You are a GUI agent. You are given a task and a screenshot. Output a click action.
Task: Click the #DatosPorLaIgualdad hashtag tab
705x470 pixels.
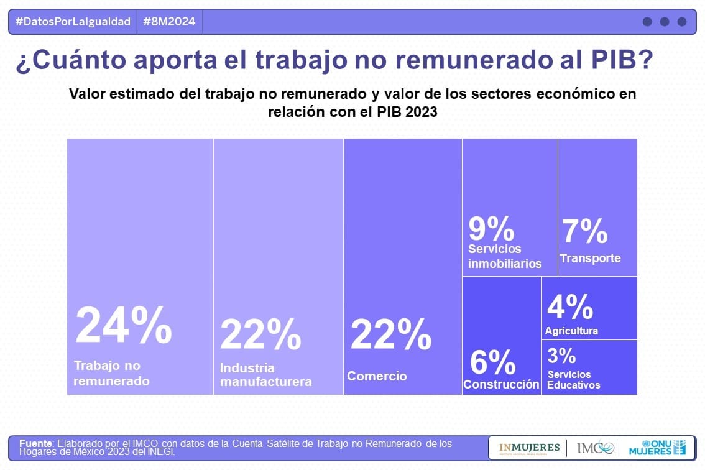click(73, 22)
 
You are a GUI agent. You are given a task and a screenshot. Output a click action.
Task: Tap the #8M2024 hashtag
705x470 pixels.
click(169, 22)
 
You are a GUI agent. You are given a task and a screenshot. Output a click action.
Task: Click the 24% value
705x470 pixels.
click(123, 326)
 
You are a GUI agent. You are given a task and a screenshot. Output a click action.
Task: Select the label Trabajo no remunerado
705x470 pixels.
click(112, 373)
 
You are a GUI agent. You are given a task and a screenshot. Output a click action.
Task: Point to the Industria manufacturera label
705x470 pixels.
click(265, 375)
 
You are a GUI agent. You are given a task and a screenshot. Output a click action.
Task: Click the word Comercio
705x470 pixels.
click(377, 376)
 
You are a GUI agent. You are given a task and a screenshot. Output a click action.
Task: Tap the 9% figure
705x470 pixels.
click(491, 229)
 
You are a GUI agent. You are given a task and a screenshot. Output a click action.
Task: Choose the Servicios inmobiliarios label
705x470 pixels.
click(505, 256)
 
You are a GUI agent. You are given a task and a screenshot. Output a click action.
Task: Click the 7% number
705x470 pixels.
click(585, 232)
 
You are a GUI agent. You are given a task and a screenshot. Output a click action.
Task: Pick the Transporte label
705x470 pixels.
click(590, 259)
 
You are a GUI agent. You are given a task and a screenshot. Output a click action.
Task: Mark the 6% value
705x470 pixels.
click(492, 362)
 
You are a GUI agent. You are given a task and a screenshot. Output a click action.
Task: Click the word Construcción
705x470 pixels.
click(501, 384)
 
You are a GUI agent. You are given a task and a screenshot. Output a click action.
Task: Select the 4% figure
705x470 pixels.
click(569, 307)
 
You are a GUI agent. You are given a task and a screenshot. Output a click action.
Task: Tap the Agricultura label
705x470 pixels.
click(571, 331)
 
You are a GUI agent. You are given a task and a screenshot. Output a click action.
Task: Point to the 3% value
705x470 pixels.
click(561, 356)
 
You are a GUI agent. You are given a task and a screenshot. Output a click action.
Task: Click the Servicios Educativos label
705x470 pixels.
click(573, 380)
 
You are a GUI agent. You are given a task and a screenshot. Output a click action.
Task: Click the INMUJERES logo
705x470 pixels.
click(529, 448)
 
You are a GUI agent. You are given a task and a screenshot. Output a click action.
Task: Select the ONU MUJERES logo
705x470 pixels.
click(657, 448)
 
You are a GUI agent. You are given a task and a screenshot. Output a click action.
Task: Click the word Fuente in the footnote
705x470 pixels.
click(35, 443)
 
